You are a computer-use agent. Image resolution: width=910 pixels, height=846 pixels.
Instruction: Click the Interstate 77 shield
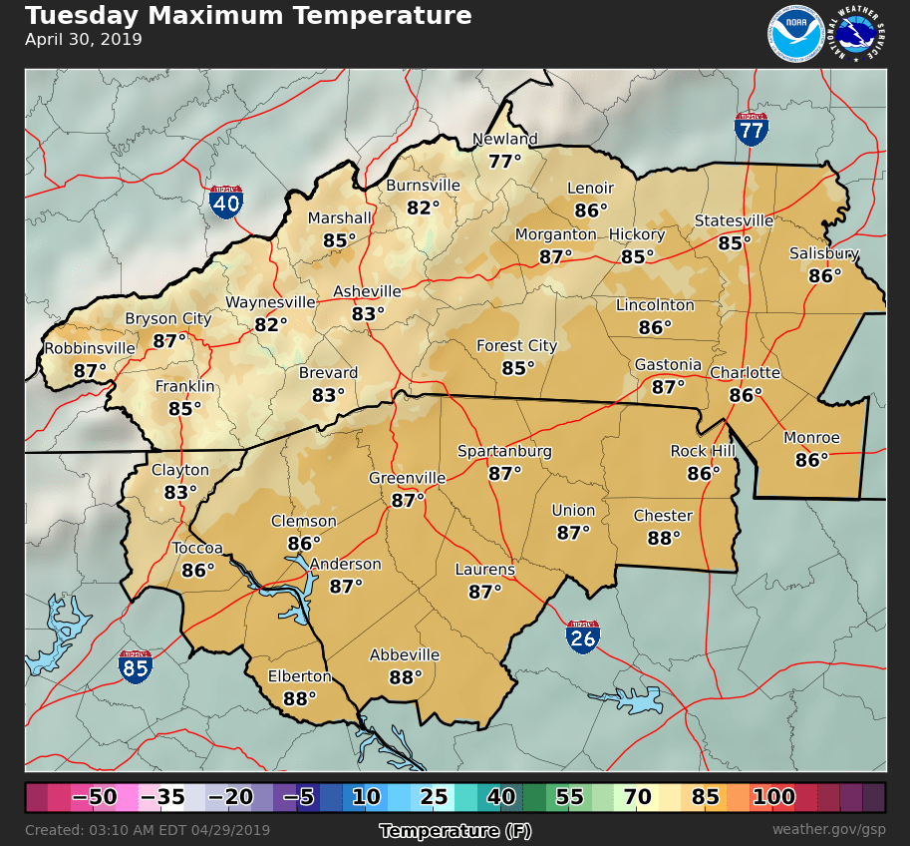(x=752, y=129)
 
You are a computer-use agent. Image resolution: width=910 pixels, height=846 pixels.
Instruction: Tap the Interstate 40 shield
(x=226, y=202)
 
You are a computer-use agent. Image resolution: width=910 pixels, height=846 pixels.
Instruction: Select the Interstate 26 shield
(x=583, y=636)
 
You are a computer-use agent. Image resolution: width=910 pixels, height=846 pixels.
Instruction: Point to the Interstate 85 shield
(x=136, y=666)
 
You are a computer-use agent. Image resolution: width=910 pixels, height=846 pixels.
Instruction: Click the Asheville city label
(x=367, y=291)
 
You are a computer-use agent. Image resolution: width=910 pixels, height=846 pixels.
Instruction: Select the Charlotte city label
(x=745, y=373)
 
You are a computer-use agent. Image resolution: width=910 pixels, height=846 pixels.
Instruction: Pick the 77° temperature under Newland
(x=505, y=161)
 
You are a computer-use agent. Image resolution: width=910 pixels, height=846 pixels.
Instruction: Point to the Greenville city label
(x=407, y=478)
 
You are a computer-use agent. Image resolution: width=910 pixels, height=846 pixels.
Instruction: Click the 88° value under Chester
(x=663, y=538)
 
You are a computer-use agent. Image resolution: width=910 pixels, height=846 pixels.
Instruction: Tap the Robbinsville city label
(x=89, y=348)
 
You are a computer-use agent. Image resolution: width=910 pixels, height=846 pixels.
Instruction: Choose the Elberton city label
(x=299, y=676)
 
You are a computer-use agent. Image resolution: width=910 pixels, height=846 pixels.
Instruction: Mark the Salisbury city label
(x=824, y=253)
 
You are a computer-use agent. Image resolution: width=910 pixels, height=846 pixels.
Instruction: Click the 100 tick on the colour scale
(x=773, y=797)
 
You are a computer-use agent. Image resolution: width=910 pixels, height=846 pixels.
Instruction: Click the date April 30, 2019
(x=84, y=40)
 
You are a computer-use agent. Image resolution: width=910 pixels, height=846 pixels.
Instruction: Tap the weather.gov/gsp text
(x=828, y=830)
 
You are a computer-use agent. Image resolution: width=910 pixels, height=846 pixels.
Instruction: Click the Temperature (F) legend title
(x=454, y=830)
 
